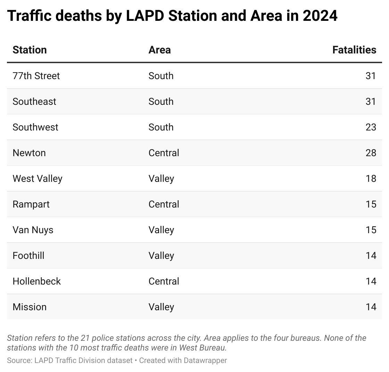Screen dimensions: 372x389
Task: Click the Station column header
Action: (x=30, y=50)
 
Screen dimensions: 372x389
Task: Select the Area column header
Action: (x=159, y=50)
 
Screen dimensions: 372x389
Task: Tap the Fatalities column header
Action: (x=354, y=50)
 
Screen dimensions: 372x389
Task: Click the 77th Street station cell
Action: (x=36, y=76)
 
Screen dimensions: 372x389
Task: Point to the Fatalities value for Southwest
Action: (x=371, y=127)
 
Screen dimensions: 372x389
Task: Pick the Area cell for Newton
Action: (x=164, y=153)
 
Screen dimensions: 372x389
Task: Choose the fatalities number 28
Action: (x=371, y=153)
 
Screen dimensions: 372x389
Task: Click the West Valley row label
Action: (x=38, y=178)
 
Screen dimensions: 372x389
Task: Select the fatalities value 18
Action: (x=371, y=178)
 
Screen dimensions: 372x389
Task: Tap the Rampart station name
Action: (x=31, y=204)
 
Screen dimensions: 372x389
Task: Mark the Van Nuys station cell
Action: (x=33, y=230)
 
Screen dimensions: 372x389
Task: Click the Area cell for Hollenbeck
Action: (x=164, y=281)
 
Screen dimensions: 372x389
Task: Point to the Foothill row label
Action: (x=28, y=255)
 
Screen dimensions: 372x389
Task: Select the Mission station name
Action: (x=30, y=307)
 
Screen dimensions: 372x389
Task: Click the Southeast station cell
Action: (x=34, y=101)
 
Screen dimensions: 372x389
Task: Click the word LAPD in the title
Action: (x=142, y=16)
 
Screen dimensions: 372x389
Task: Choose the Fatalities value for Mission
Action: (x=371, y=307)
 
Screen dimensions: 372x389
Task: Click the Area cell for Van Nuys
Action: (x=161, y=230)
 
